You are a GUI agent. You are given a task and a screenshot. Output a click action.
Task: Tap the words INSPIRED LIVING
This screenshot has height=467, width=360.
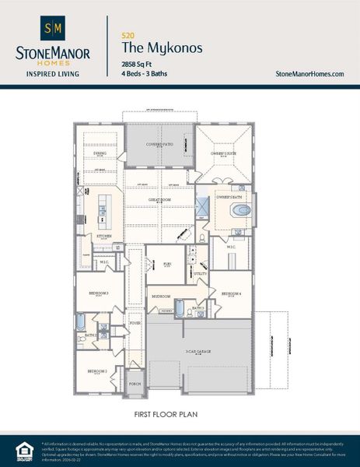(x=52, y=75)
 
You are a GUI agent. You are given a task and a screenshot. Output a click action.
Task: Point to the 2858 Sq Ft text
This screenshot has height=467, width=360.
(x=138, y=63)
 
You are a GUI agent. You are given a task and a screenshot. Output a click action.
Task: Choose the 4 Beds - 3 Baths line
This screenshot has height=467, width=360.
(x=145, y=73)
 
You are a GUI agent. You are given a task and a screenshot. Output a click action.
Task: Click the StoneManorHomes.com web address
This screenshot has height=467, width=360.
(x=309, y=73)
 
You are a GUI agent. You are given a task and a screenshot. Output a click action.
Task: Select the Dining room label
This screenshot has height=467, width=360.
(x=100, y=153)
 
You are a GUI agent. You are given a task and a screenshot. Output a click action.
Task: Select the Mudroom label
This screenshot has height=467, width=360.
(x=161, y=297)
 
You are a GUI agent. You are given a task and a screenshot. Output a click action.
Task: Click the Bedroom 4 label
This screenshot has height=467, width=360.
(x=231, y=293)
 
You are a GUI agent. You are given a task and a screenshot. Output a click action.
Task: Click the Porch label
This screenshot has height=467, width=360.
(x=135, y=384)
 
